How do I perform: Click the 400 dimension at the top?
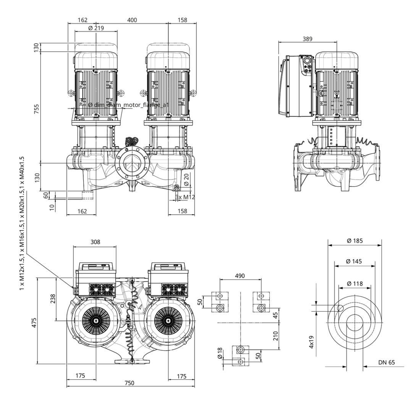(132, 20)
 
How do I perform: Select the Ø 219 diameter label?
(96, 28)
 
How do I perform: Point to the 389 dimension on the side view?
(307, 39)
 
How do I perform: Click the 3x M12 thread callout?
(185, 197)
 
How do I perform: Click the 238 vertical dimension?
(52, 298)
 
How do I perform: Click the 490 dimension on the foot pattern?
(240, 276)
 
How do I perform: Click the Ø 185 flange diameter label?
(355, 241)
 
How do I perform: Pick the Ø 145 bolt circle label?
(354, 261)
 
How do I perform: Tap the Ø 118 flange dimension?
(355, 283)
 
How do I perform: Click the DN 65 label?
(386, 363)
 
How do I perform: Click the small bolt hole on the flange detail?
(340, 309)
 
